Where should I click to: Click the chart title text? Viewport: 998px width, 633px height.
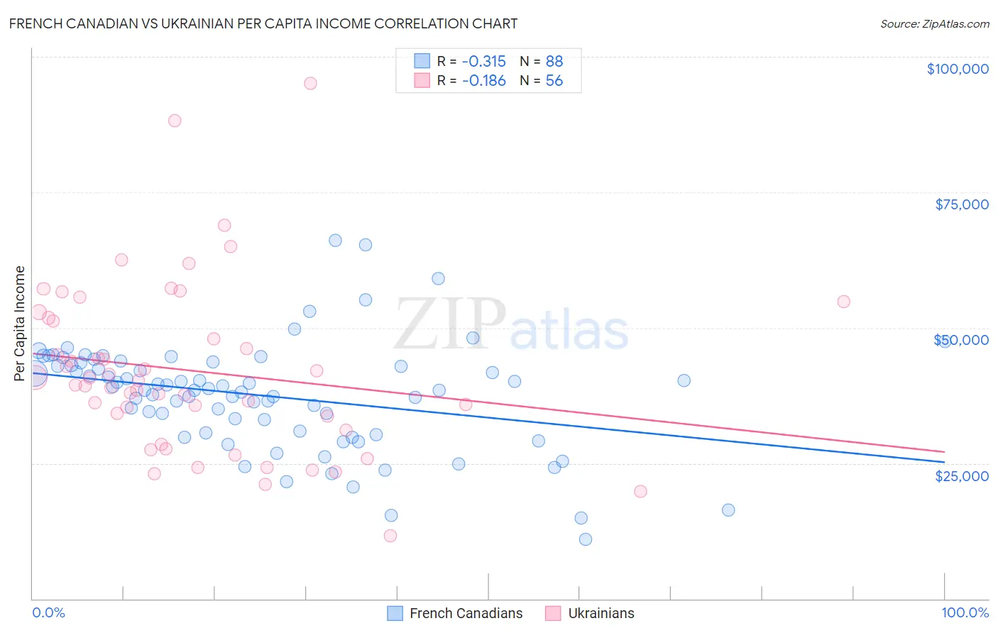263,23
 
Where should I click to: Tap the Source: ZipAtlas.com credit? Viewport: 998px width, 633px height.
934,23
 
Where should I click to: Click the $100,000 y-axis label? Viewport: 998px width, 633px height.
957,69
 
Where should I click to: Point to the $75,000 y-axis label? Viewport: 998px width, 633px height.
961,204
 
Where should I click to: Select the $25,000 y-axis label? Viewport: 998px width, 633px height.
961,476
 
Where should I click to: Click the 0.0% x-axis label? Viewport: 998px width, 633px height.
48,612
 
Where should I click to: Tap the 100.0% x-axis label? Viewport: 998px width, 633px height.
965,612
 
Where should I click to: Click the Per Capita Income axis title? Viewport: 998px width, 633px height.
20,324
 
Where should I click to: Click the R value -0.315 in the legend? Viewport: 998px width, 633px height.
483,61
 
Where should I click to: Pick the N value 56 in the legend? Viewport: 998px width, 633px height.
554,81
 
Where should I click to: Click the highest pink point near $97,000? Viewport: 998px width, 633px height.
310,83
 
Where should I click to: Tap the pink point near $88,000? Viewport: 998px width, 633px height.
175,121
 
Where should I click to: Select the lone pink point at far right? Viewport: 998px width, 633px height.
843,302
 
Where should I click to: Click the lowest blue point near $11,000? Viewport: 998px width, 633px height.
586,539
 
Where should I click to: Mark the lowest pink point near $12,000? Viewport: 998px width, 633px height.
390,536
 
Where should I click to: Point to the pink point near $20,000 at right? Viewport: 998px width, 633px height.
640,491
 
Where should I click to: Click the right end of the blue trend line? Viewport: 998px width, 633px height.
944,462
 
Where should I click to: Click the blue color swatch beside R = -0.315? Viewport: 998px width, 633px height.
422,61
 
